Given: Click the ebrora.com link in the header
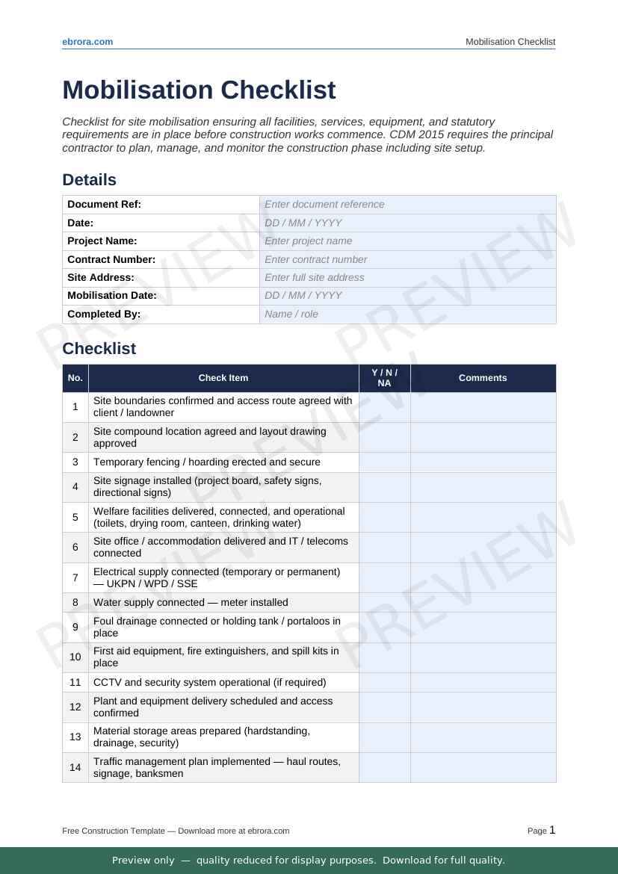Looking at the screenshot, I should [87, 42].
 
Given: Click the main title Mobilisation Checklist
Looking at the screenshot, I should [199, 90].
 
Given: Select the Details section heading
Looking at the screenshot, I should [89, 180].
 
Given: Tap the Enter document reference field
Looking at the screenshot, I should [407, 205].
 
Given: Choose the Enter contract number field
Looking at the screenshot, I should [407, 259].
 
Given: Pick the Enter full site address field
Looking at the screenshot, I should [407, 278].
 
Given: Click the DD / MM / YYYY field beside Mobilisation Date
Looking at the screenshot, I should [407, 296].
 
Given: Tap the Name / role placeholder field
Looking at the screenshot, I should [407, 314].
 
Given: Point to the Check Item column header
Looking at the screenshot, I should [223, 378].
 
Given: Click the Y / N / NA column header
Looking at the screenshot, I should [384, 378].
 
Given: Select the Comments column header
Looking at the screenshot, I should [483, 378].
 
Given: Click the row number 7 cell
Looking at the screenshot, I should [75, 577].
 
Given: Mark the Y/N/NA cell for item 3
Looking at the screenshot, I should [384, 462].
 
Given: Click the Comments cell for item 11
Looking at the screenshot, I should [483, 683].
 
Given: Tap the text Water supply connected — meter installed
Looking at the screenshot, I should [191, 603].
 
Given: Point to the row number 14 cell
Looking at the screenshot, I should [75, 767].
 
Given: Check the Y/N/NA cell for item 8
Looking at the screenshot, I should [384, 603].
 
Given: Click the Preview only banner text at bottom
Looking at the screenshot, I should [309, 861].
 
